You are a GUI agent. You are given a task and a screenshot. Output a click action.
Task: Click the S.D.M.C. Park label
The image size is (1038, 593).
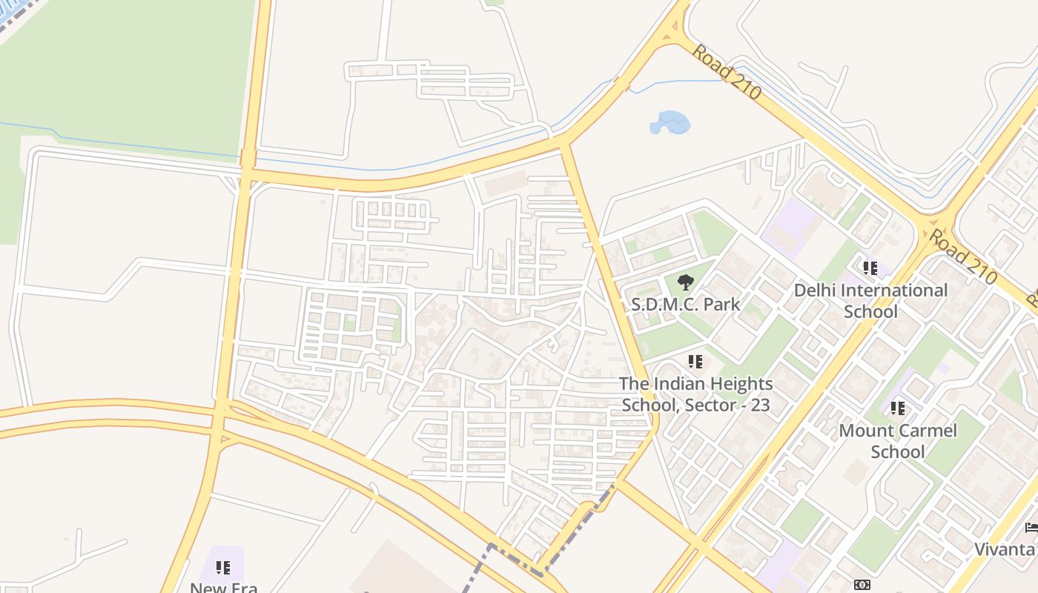685,304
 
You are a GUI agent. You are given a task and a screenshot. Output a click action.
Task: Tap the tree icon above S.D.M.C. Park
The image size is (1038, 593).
685,282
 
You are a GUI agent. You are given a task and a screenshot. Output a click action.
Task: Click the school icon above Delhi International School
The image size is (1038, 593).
870,268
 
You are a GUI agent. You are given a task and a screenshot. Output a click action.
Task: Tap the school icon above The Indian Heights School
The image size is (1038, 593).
695,362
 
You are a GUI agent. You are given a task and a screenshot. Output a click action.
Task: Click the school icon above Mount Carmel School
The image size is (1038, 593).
898,408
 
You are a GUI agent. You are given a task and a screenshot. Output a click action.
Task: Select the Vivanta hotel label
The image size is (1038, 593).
1005,549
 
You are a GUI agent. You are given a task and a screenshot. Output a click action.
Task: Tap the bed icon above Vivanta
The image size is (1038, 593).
1031,528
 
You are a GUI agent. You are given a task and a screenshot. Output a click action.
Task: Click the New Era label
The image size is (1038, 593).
223,587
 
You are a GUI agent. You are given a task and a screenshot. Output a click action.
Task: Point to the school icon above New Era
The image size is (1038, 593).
222,568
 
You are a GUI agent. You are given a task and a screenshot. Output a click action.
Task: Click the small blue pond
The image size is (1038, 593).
670,122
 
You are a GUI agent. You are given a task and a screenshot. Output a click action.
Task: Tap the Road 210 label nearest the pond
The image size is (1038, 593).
727,72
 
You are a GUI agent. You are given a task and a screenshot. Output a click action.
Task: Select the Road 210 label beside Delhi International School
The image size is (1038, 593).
961,256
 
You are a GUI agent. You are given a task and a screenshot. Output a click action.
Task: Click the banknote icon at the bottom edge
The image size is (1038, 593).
862,585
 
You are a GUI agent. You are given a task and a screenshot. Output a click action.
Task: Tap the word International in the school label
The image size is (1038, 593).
895,290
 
